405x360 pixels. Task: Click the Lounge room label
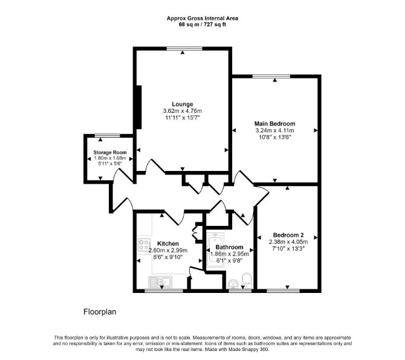pyautogui.click(x=183, y=104)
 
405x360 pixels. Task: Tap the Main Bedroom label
pyautogui.click(x=275, y=124)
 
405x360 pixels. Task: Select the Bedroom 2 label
pyautogui.click(x=288, y=235)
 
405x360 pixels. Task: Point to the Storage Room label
pyautogui.click(x=110, y=152)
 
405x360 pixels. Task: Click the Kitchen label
pyautogui.click(x=168, y=243)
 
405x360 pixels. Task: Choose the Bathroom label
pyautogui.click(x=229, y=247)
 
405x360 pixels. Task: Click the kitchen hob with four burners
pyautogui.click(x=144, y=245)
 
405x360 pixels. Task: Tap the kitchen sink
pyautogui.click(x=160, y=281)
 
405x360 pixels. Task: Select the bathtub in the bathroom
pyautogui.click(x=216, y=250)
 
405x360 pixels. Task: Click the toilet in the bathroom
pyautogui.click(x=247, y=280)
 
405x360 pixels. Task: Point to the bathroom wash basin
pyautogui.click(x=234, y=284)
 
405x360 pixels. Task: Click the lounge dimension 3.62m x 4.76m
pyautogui.click(x=183, y=111)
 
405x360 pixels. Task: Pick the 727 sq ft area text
pyautogui.click(x=215, y=25)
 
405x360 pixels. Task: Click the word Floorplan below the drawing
pyautogui.click(x=100, y=312)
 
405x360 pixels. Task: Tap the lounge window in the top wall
pyautogui.click(x=184, y=48)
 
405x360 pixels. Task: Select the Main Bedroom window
pyautogui.click(x=271, y=76)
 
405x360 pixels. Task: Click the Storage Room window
pyautogui.click(x=108, y=135)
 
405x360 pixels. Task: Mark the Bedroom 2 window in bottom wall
pyautogui.click(x=283, y=291)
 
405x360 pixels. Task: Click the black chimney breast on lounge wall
pyautogui.click(x=139, y=107)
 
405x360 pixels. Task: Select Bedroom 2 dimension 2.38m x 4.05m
pyautogui.click(x=288, y=242)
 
